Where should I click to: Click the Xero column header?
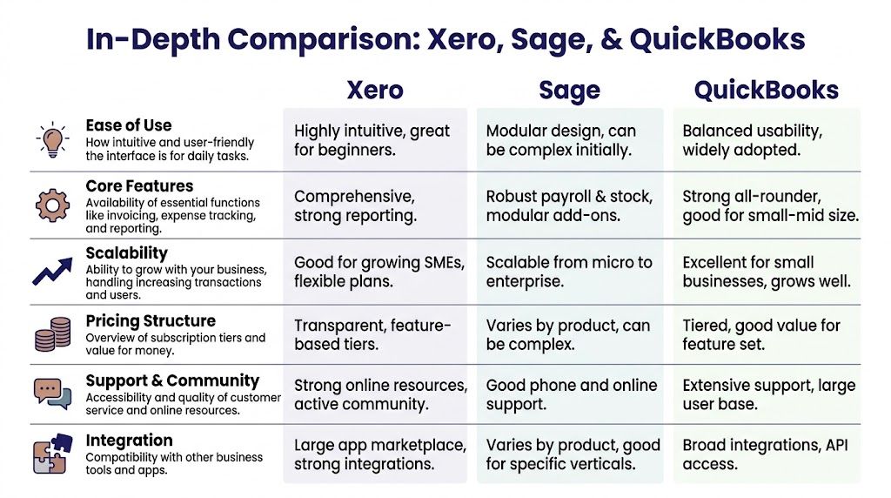tap(374, 90)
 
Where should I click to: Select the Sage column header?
tap(569, 90)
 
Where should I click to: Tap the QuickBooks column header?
tap(766, 90)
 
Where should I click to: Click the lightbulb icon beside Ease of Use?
tap(52, 140)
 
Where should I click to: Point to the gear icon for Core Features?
tap(52, 205)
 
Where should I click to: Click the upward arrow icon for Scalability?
tap(52, 270)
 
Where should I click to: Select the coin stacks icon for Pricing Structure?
tap(52, 334)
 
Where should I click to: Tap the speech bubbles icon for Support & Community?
tap(52, 394)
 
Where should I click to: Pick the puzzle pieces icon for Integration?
tap(52, 454)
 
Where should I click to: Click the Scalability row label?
tap(126, 253)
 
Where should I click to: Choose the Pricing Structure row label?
tap(151, 321)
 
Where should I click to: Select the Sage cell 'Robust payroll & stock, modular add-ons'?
tap(569, 205)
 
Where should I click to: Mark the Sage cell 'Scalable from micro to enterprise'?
tap(569, 271)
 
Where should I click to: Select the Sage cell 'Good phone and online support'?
tap(571, 394)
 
